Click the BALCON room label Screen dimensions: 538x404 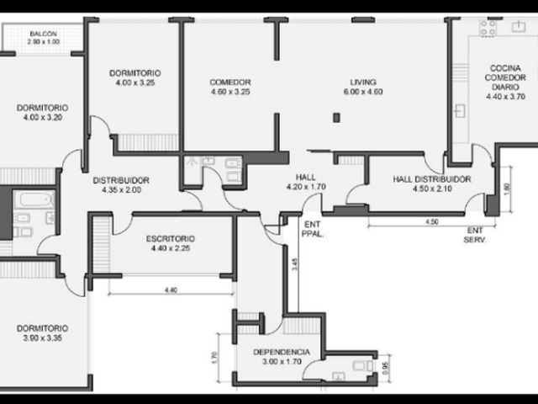43,34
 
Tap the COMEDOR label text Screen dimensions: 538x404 230,82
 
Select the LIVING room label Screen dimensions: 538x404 363,82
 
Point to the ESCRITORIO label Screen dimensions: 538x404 171,238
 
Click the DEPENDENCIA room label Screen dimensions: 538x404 282,352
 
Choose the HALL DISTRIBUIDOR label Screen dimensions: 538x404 432,179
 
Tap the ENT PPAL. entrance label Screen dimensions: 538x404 313,229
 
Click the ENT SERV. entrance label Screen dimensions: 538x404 475,235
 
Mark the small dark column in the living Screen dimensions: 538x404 336,118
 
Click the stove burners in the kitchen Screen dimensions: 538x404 488,28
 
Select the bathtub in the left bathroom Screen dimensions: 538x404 36,199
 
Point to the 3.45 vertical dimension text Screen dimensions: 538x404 294,264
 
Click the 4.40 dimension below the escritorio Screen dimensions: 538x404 171,290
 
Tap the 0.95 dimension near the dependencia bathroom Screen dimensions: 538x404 386,368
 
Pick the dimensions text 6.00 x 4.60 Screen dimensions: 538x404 363,92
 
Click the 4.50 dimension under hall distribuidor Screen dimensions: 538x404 432,221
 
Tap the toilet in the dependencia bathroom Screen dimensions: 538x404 362,365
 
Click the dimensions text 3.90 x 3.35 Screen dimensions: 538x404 43,338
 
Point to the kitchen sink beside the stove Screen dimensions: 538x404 519,26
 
